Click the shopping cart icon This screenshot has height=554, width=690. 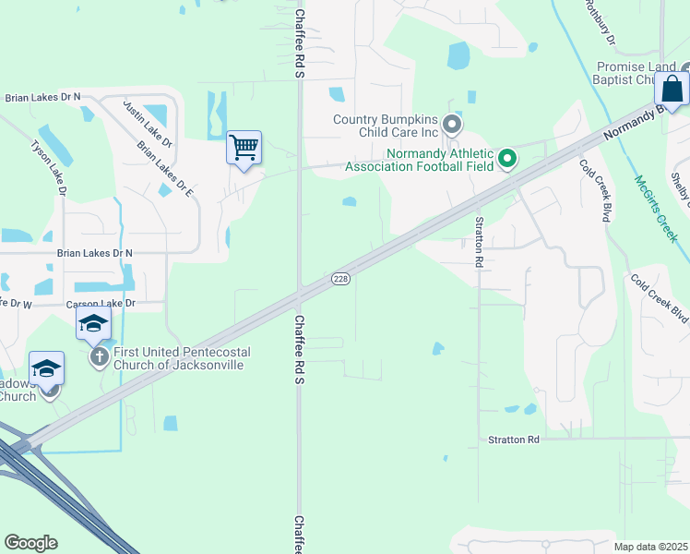click(244, 148)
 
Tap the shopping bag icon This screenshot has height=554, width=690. click(672, 90)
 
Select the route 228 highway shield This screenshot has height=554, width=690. click(340, 279)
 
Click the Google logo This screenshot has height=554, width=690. click(30, 543)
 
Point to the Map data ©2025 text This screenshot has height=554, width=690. click(650, 547)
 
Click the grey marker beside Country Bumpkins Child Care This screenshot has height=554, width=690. click(452, 124)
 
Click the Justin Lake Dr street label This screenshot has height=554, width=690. click(148, 126)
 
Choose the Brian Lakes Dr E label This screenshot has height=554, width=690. click(163, 169)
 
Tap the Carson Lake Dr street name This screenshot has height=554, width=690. click(101, 303)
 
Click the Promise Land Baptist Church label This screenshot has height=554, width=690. click(637, 73)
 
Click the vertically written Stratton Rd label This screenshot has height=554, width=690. click(479, 242)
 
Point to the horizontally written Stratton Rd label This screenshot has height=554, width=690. click(513, 440)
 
